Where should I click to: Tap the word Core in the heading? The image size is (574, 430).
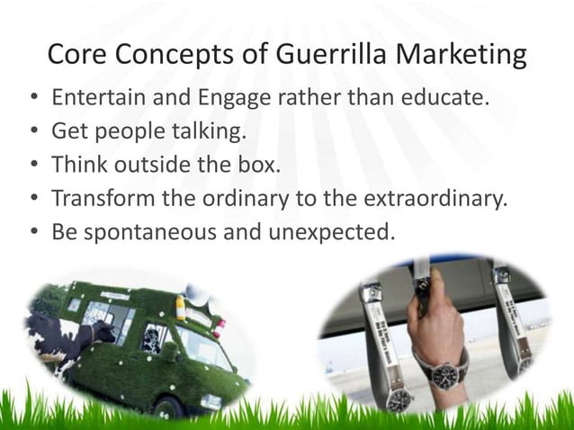[77, 55]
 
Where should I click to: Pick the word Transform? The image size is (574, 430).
[100, 198]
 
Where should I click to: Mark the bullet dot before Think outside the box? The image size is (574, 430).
[33, 165]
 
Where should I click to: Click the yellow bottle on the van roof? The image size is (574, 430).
[181, 311]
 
